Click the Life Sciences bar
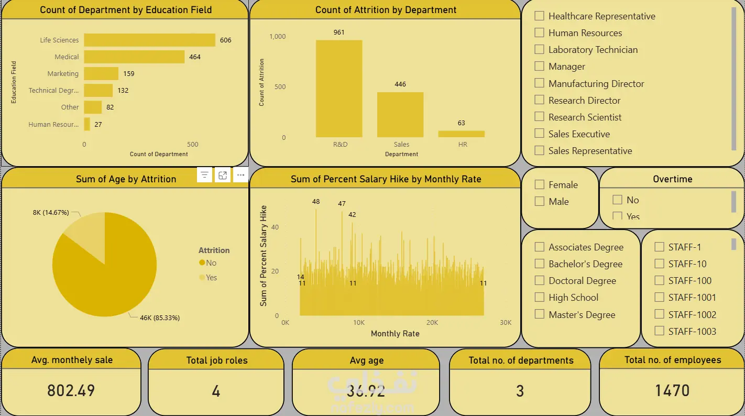click(x=149, y=40)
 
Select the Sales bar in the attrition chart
click(x=400, y=115)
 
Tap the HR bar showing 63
click(x=462, y=134)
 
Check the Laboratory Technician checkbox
click(x=539, y=50)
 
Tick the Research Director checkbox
click(x=539, y=100)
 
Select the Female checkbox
click(x=539, y=184)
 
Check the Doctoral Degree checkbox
click(x=539, y=281)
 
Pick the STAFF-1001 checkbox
click(x=660, y=298)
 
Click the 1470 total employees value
click(x=672, y=390)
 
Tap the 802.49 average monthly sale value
click(x=71, y=390)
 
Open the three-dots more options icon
click(x=240, y=175)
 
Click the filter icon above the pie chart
click(x=205, y=175)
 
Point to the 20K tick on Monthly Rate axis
click(x=432, y=323)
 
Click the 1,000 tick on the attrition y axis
click(x=277, y=37)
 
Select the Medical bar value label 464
click(x=195, y=57)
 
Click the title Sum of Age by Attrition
click(x=126, y=179)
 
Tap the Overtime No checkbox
click(x=617, y=200)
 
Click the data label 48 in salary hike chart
click(x=315, y=202)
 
